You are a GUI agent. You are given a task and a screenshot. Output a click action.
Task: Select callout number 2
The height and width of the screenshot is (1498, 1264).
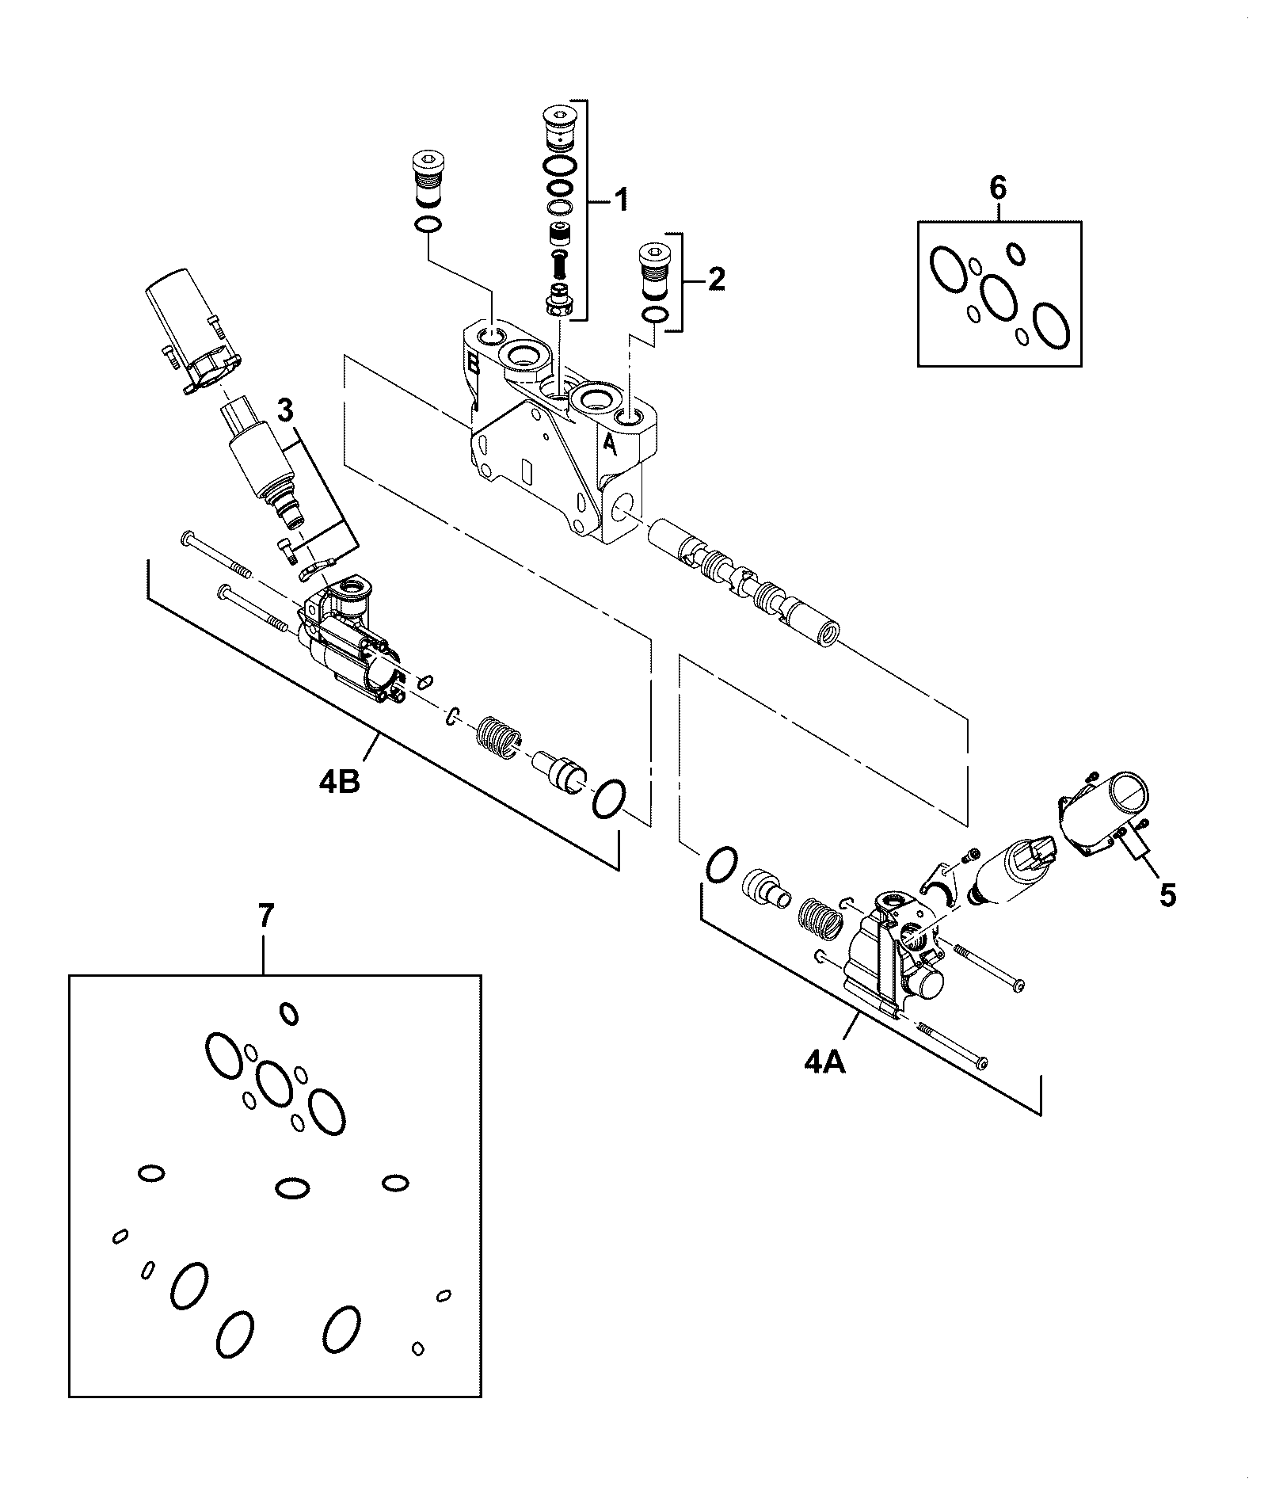coord(715,279)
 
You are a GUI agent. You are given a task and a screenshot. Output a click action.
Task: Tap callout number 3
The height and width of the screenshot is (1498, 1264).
coord(285,410)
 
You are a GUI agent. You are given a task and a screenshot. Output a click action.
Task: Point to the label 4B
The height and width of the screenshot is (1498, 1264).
coord(341,782)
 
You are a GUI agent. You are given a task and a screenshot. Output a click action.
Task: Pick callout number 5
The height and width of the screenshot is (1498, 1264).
coord(1167,895)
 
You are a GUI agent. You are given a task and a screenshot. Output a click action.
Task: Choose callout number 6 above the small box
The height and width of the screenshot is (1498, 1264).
coord(998,189)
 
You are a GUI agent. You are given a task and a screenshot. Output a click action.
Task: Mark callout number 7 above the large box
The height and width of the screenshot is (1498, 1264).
coord(266,916)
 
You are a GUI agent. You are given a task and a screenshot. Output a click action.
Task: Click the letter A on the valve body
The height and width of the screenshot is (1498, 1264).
coord(610,444)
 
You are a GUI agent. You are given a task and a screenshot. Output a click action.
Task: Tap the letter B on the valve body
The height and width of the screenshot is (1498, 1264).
coord(474,363)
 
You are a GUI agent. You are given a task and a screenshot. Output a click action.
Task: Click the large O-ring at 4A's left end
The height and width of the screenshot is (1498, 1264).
coord(721,863)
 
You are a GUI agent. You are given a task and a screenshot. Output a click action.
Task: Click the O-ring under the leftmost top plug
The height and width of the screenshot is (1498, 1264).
coord(427,226)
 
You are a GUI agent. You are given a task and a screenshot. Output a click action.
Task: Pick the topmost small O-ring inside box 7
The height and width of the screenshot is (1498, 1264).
coord(289,1013)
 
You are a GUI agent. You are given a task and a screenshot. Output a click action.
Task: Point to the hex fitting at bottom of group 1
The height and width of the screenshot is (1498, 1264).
coord(559,299)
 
